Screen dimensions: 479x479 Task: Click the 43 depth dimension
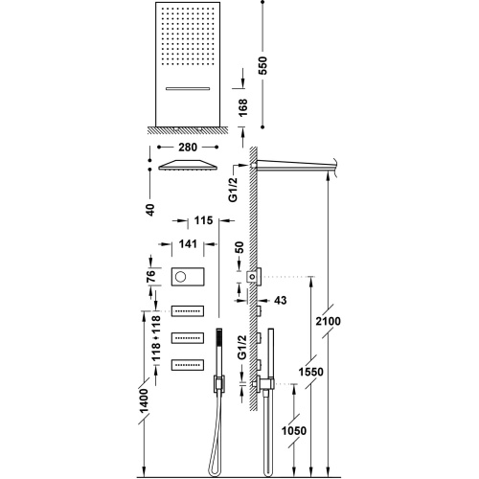click(282, 301)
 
